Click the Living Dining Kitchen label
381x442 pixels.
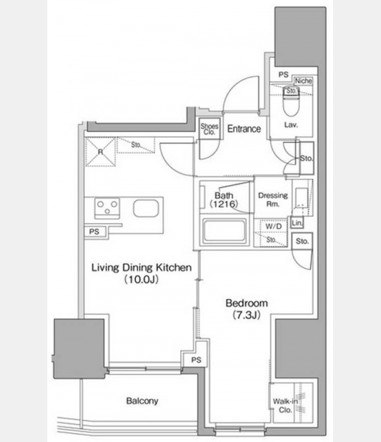[141, 267]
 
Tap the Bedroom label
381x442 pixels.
[247, 304]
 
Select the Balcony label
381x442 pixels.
[143, 401]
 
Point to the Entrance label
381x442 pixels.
[244, 129]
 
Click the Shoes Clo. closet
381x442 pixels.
[210, 129]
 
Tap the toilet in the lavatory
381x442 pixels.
[291, 101]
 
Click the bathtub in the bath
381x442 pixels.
[224, 231]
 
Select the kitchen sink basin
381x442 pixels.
[145, 208]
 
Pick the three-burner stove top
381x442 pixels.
[107, 207]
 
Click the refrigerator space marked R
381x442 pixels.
[100, 152]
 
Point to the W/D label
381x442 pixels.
[274, 226]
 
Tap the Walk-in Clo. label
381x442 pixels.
[285, 405]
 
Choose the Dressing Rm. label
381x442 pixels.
[273, 200]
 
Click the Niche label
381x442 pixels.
[303, 81]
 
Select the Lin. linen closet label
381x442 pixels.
[297, 223]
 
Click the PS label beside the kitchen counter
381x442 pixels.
[94, 232]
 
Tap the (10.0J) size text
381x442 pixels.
[141, 279]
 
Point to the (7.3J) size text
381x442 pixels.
[246, 315]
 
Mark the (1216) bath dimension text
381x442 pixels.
[224, 204]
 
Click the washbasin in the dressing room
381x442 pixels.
[301, 197]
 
